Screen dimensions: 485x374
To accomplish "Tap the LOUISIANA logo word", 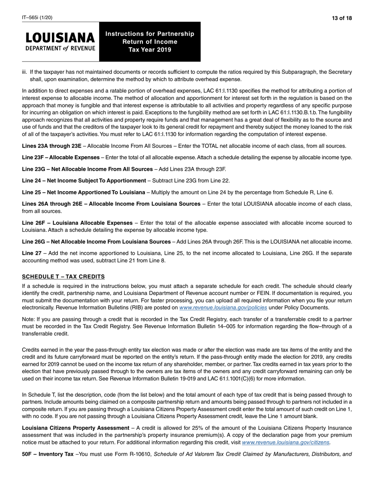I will [x=60, y=38].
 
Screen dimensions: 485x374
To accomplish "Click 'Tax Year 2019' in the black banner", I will [x=150, y=50].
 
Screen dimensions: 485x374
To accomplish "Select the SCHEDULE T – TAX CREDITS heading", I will [x=63, y=276].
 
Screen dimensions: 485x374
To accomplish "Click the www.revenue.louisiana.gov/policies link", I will [x=223, y=308].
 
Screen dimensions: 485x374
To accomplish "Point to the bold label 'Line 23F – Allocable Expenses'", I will [x=61, y=157].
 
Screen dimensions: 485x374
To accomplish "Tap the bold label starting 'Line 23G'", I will [x=87, y=169].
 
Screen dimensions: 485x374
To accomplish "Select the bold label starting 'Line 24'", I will [x=84, y=181].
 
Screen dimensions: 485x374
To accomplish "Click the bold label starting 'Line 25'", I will [x=83, y=192].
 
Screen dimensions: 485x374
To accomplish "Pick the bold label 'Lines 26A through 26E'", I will [x=111, y=204].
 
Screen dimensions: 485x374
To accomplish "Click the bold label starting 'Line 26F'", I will [x=77, y=223].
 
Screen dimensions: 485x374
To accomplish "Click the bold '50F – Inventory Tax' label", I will [x=48, y=454].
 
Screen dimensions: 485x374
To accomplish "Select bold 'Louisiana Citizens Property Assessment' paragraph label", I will [x=76, y=428].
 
